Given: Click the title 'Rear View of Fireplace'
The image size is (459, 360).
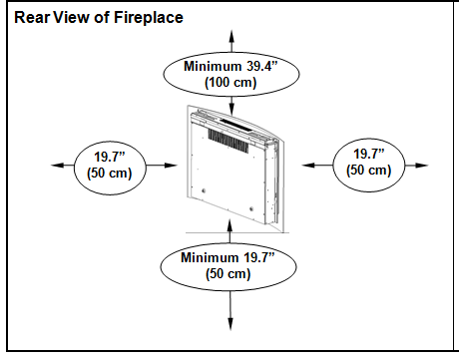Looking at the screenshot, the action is pyautogui.click(x=99, y=17).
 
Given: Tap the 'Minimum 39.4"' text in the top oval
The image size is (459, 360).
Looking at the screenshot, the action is pyautogui.click(x=230, y=66).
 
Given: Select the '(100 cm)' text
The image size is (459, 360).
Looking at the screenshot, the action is pyautogui.click(x=230, y=82).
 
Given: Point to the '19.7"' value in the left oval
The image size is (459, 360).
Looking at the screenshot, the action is pyautogui.click(x=110, y=157).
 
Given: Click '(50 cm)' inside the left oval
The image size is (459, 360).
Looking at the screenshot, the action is pyautogui.click(x=110, y=173).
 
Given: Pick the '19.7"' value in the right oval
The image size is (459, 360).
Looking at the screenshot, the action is pyautogui.click(x=368, y=154).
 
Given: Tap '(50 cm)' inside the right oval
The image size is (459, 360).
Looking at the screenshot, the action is pyautogui.click(x=368, y=170).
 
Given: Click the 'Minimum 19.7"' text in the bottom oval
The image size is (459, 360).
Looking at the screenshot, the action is pyautogui.click(x=228, y=257).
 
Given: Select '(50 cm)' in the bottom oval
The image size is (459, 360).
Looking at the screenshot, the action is pyautogui.click(x=229, y=273).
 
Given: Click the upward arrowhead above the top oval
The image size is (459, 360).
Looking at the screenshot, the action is pyautogui.click(x=231, y=36).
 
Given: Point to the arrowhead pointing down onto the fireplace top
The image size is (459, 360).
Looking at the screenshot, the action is pyautogui.click(x=231, y=109).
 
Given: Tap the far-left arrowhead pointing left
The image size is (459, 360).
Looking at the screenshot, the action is pyautogui.click(x=57, y=165).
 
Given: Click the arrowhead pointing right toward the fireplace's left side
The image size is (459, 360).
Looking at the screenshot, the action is pyautogui.click(x=171, y=165).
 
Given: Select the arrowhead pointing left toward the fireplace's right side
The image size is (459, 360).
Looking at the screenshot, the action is pyautogui.click(x=308, y=165).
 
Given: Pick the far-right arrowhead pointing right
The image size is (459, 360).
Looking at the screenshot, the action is pyautogui.click(x=421, y=165).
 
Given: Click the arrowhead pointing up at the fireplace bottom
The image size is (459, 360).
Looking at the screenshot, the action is pyautogui.click(x=229, y=225).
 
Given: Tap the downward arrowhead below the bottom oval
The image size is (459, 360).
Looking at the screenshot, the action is pyautogui.click(x=230, y=324).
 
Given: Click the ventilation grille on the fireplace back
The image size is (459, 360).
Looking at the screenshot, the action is pyautogui.click(x=229, y=142).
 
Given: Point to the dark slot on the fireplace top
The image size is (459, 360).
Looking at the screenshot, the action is pyautogui.click(x=235, y=124).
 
